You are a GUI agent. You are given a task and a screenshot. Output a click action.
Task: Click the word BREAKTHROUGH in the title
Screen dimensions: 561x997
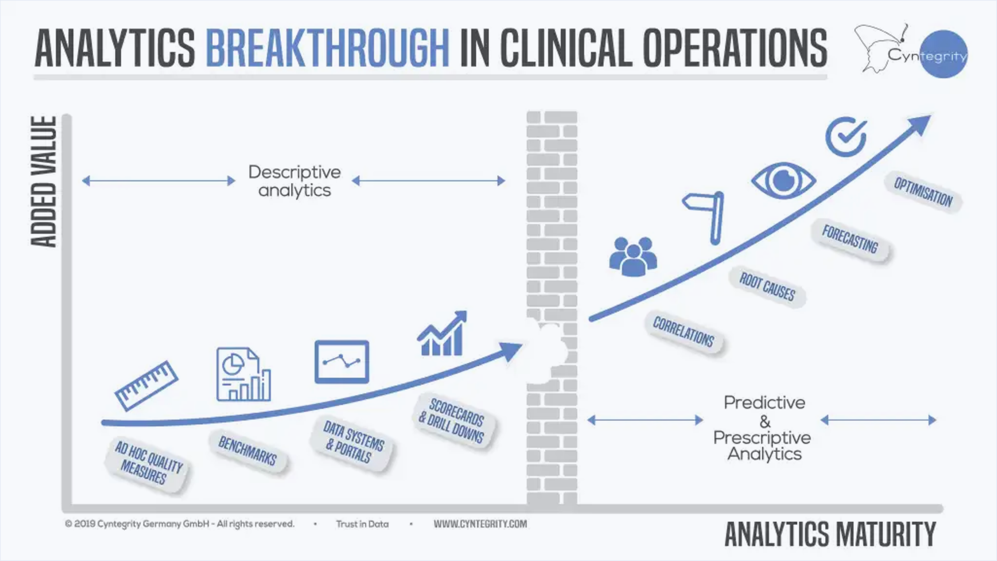coord(328,48)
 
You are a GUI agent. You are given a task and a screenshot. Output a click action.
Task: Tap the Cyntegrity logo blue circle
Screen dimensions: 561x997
coord(943,54)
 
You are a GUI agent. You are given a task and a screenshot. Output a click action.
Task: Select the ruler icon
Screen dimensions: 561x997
coord(146,385)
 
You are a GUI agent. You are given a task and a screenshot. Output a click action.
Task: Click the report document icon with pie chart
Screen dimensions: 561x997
coord(243,374)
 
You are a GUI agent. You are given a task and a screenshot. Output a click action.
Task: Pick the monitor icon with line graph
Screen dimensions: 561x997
coord(342,362)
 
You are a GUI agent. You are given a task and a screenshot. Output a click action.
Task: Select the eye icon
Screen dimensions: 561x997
coord(783,180)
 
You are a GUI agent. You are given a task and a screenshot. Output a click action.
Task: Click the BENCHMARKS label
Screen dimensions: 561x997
coord(248,451)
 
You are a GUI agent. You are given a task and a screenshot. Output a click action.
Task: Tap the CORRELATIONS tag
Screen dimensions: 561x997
coord(683,332)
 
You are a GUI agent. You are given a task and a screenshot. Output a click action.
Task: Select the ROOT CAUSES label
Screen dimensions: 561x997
coord(767,287)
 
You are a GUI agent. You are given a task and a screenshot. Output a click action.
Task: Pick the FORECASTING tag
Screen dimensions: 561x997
coord(850,239)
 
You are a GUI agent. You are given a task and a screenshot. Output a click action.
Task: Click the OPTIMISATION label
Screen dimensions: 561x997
coord(923,192)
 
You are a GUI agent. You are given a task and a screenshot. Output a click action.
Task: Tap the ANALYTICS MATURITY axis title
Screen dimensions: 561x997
coord(830,534)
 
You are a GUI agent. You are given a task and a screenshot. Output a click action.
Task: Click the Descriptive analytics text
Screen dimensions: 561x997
coord(294,181)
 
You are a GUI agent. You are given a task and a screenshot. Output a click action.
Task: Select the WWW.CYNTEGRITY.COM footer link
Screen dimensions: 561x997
coord(480,524)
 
